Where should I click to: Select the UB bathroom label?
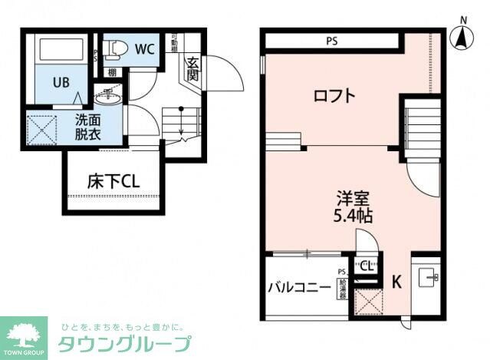(x=63, y=81)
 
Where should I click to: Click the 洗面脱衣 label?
(x=86, y=126)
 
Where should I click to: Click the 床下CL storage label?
(x=112, y=182)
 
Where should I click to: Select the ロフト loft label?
(x=335, y=96)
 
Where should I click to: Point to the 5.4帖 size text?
(x=353, y=216)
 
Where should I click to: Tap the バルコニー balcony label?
(x=299, y=288)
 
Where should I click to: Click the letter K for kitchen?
(x=396, y=282)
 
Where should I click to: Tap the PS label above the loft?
(x=331, y=41)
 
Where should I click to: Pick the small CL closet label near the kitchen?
(x=366, y=266)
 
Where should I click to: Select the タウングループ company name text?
(x=125, y=343)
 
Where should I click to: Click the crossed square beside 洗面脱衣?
(x=42, y=127)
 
